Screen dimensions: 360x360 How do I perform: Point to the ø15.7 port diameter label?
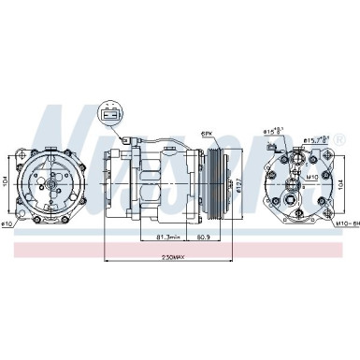click(315, 140)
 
